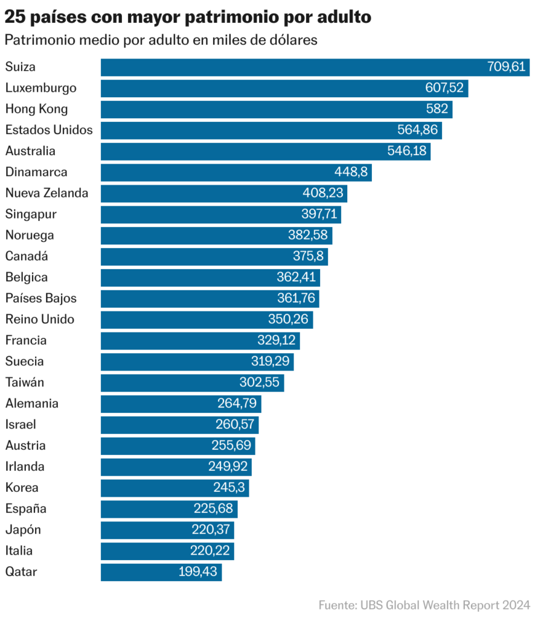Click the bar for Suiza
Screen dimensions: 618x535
point(290,67)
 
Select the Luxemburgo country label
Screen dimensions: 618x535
point(41,88)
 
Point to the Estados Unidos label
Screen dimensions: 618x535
point(49,130)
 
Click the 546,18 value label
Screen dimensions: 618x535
point(407,151)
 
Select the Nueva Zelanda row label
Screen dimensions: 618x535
point(46,193)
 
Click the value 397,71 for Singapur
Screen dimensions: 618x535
point(321,214)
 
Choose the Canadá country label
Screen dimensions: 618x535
point(27,256)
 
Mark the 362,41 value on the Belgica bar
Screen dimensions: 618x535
point(296,278)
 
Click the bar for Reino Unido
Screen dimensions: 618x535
point(181,319)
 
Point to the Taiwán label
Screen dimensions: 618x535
point(25,382)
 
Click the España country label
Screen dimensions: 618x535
point(26,509)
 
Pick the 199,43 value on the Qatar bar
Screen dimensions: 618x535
point(197,572)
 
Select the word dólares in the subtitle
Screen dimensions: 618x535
point(293,40)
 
